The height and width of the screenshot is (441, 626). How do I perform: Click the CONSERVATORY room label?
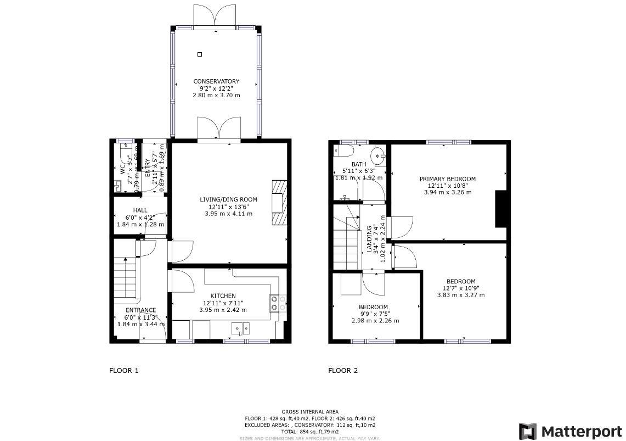tap(216, 81)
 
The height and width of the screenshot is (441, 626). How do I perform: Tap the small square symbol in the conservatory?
tap(200, 54)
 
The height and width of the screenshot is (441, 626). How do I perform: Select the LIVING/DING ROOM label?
tap(228, 199)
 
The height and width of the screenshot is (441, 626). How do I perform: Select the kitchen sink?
tap(240, 328)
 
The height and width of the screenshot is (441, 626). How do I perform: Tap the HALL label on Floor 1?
tap(140, 210)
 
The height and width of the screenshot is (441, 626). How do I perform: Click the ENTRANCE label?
tap(140, 310)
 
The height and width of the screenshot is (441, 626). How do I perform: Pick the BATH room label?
tap(359, 164)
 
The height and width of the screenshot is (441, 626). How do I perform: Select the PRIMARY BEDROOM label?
tap(447, 179)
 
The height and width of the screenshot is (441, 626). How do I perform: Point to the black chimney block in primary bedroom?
tap(500, 209)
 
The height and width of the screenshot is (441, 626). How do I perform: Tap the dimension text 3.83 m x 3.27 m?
tap(460, 295)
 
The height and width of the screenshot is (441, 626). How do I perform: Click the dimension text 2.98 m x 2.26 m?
tap(375, 321)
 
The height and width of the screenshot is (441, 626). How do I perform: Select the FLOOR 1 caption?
tap(124, 371)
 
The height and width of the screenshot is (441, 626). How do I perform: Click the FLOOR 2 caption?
tap(343, 371)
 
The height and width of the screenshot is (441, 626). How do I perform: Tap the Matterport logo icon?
tap(528, 431)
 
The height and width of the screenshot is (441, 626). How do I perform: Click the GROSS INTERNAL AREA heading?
tap(310, 411)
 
